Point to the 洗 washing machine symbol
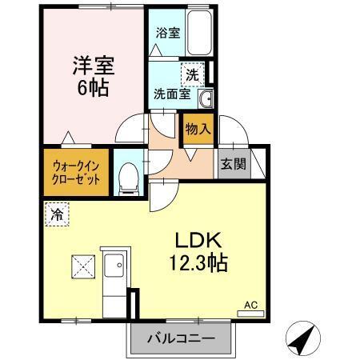point(192,74)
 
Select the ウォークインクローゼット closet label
point(76,172)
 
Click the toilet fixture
point(127,178)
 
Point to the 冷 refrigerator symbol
point(57,214)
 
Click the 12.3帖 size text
point(197,262)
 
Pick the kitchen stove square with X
point(82,264)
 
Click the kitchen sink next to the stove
point(114,265)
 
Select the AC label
point(250,304)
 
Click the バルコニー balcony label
point(180,338)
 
